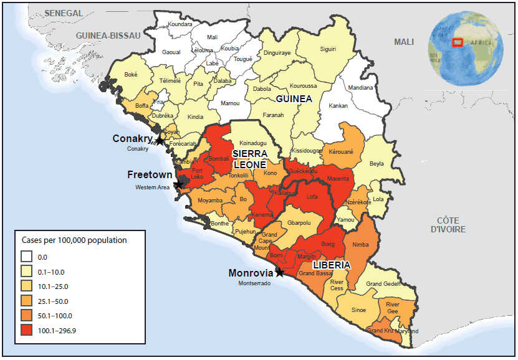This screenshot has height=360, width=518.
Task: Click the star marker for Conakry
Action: pos(160,141)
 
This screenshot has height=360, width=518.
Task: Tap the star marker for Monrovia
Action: pos(279,272)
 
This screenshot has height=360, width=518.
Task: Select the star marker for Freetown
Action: pos(180,184)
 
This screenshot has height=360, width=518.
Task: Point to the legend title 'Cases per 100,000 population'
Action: pos(74,240)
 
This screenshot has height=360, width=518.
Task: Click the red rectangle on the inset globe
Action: pos(457,42)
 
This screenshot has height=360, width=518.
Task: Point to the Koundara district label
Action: pos(180,24)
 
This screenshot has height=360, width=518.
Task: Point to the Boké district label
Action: pos(131,74)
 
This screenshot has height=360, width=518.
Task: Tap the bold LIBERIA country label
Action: pos(331,264)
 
